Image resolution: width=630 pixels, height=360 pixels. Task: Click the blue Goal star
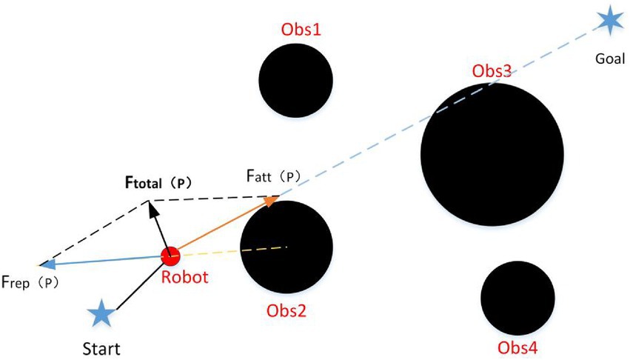tap(609, 21)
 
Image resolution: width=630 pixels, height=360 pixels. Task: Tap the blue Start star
tap(100, 314)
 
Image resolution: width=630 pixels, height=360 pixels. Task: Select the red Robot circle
tap(170, 256)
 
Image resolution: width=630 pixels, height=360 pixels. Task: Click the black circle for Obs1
tap(296, 80)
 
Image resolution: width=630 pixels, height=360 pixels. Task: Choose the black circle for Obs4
tap(518, 298)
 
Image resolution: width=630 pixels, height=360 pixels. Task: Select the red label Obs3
tap(492, 72)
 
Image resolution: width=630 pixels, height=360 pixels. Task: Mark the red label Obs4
tap(518, 347)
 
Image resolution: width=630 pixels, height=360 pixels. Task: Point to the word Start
tap(102, 347)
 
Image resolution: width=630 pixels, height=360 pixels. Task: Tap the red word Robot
tap(185, 278)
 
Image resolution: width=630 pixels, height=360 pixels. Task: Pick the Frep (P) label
tap(30, 282)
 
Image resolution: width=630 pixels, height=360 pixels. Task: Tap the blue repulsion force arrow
tap(104, 259)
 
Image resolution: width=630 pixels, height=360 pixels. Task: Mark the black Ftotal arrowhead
tap(153, 208)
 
